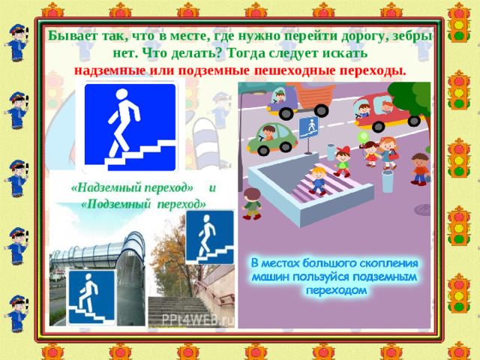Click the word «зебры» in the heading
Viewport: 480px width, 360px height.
coord(411,36)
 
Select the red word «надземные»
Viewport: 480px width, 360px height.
coord(111,70)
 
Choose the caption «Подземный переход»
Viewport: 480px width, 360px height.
coord(142,204)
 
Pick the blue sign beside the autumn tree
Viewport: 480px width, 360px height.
coord(209,236)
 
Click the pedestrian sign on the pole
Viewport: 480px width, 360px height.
coord(308,127)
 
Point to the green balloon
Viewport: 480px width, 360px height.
coord(362,138)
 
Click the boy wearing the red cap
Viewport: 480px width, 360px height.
coord(342,160)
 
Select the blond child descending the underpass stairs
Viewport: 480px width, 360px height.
coord(319,179)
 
